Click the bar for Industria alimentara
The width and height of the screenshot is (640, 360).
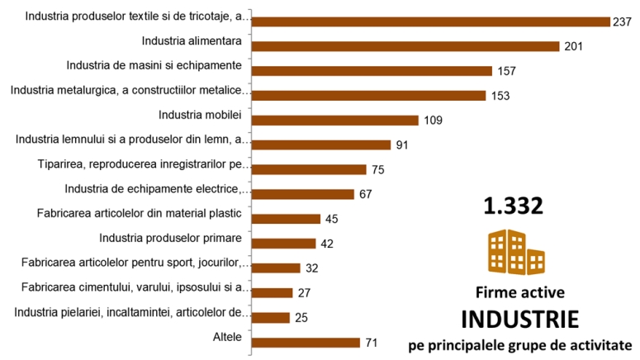[405, 46]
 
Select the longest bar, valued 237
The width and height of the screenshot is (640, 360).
[429, 21]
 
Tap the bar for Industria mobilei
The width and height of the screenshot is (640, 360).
[334, 121]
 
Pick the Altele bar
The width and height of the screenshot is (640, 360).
[306, 343]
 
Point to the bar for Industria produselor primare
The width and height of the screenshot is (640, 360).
[283, 244]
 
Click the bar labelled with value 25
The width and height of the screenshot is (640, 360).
[270, 318]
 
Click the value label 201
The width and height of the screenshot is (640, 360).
[574, 46]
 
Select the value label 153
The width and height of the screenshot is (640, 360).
[500, 96]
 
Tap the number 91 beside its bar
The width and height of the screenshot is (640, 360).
[402, 145]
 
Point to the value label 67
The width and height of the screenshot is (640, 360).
[366, 195]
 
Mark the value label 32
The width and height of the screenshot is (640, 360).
[312, 268]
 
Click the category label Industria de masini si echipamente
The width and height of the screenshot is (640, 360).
[154, 64]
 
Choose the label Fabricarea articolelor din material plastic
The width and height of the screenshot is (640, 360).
[139, 213]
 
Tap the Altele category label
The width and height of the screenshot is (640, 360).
[227, 336]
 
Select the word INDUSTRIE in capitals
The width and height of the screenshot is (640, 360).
[519, 319]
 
